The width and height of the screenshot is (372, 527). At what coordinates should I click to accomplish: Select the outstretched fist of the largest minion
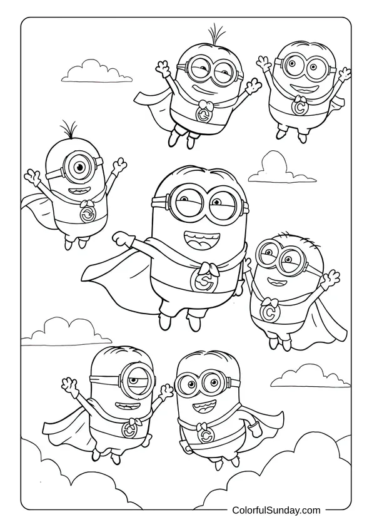pos(120,239)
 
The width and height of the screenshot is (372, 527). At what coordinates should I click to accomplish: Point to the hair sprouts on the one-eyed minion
pos(69,131)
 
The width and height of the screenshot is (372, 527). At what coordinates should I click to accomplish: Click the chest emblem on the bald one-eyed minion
pos(130,431)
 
